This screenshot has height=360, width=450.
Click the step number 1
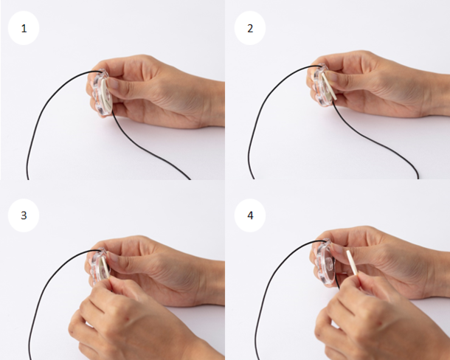click(x=24, y=29)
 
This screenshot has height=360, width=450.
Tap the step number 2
click(x=250, y=29)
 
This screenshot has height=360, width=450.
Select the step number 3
click(x=24, y=215)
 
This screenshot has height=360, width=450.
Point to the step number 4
click(x=250, y=215)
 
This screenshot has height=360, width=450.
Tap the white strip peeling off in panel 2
click(x=329, y=86)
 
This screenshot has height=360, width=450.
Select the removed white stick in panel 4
click(x=353, y=263)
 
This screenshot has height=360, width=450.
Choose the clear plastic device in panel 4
click(x=325, y=263)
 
